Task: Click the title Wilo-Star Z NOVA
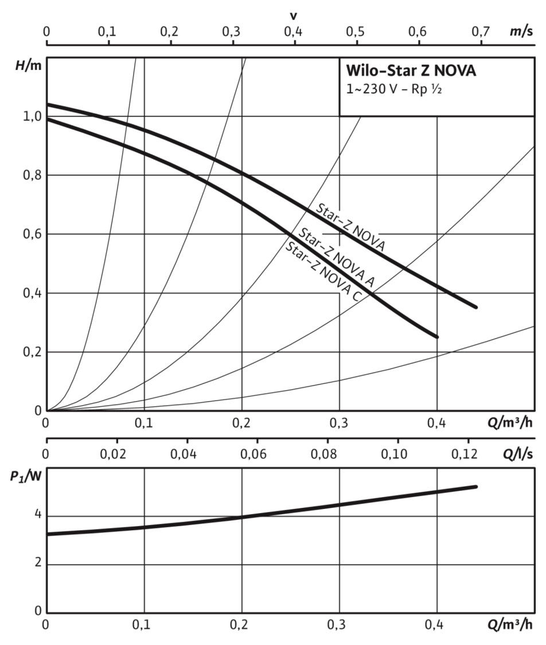click(411, 72)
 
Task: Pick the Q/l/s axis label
click(520, 454)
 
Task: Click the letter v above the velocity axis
click(294, 15)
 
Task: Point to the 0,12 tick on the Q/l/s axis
click(465, 454)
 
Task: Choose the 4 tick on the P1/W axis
click(37, 515)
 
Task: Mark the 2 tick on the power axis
click(37, 564)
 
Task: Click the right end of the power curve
click(475, 487)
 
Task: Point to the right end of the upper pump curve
click(475, 307)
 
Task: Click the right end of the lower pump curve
click(436, 337)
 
